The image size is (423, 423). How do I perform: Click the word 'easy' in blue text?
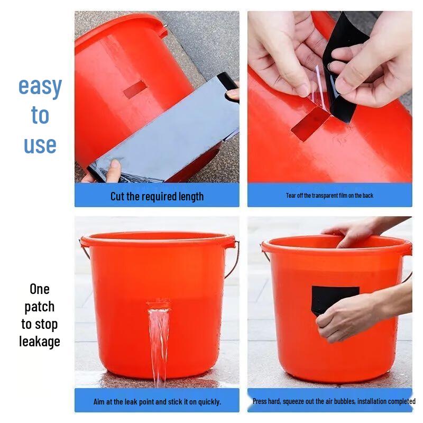coord(40,87)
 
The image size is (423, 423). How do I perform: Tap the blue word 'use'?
coord(40,144)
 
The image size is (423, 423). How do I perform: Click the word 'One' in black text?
coord(40,289)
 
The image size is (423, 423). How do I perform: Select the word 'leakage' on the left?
coord(40,342)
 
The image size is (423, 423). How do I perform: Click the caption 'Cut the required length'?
coord(157,196)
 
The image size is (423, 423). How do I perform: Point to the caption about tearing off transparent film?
coord(329,196)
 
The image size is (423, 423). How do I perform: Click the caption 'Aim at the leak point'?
coord(157,402)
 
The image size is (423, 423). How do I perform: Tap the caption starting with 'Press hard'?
coord(334,401)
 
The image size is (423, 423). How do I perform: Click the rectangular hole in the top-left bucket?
coord(135,89)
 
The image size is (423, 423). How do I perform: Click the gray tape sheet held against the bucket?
coord(169,132)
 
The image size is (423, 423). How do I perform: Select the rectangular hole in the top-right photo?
coord(311,124)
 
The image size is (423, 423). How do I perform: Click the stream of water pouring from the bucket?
coord(158,344)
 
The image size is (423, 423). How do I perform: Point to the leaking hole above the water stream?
coord(158,305)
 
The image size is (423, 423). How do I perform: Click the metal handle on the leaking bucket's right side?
coord(233,259)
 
